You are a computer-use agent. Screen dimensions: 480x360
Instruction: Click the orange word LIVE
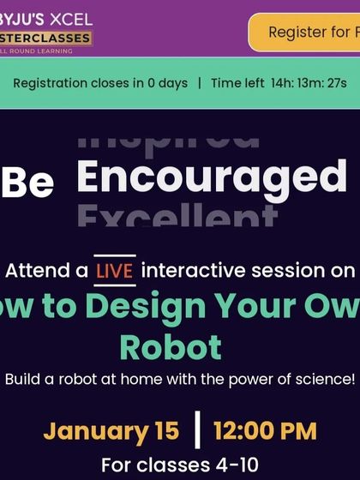point(114,271)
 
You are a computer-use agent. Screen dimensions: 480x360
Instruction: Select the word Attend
point(46,272)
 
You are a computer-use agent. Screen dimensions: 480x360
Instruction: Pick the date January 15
point(111,429)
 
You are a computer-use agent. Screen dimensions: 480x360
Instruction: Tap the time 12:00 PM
point(265,429)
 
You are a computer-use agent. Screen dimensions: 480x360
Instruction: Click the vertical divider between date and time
point(197,430)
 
